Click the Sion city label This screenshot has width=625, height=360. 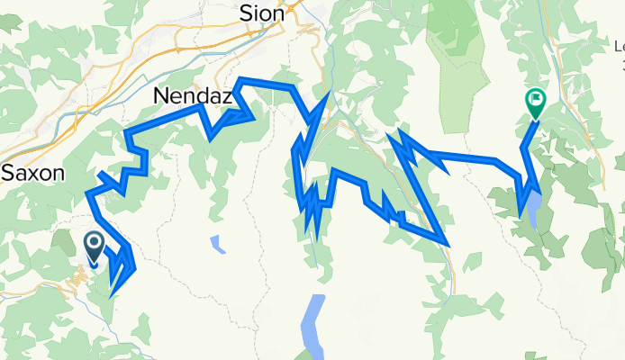(x=262, y=13)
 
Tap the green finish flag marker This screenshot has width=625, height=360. (x=536, y=104)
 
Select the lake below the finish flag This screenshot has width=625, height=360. (x=536, y=211)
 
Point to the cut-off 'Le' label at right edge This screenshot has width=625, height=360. (x=619, y=46)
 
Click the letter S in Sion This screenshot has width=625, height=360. (x=246, y=13)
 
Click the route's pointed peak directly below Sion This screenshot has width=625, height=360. (x=327, y=94)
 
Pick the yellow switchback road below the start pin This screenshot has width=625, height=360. (x=77, y=280)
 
